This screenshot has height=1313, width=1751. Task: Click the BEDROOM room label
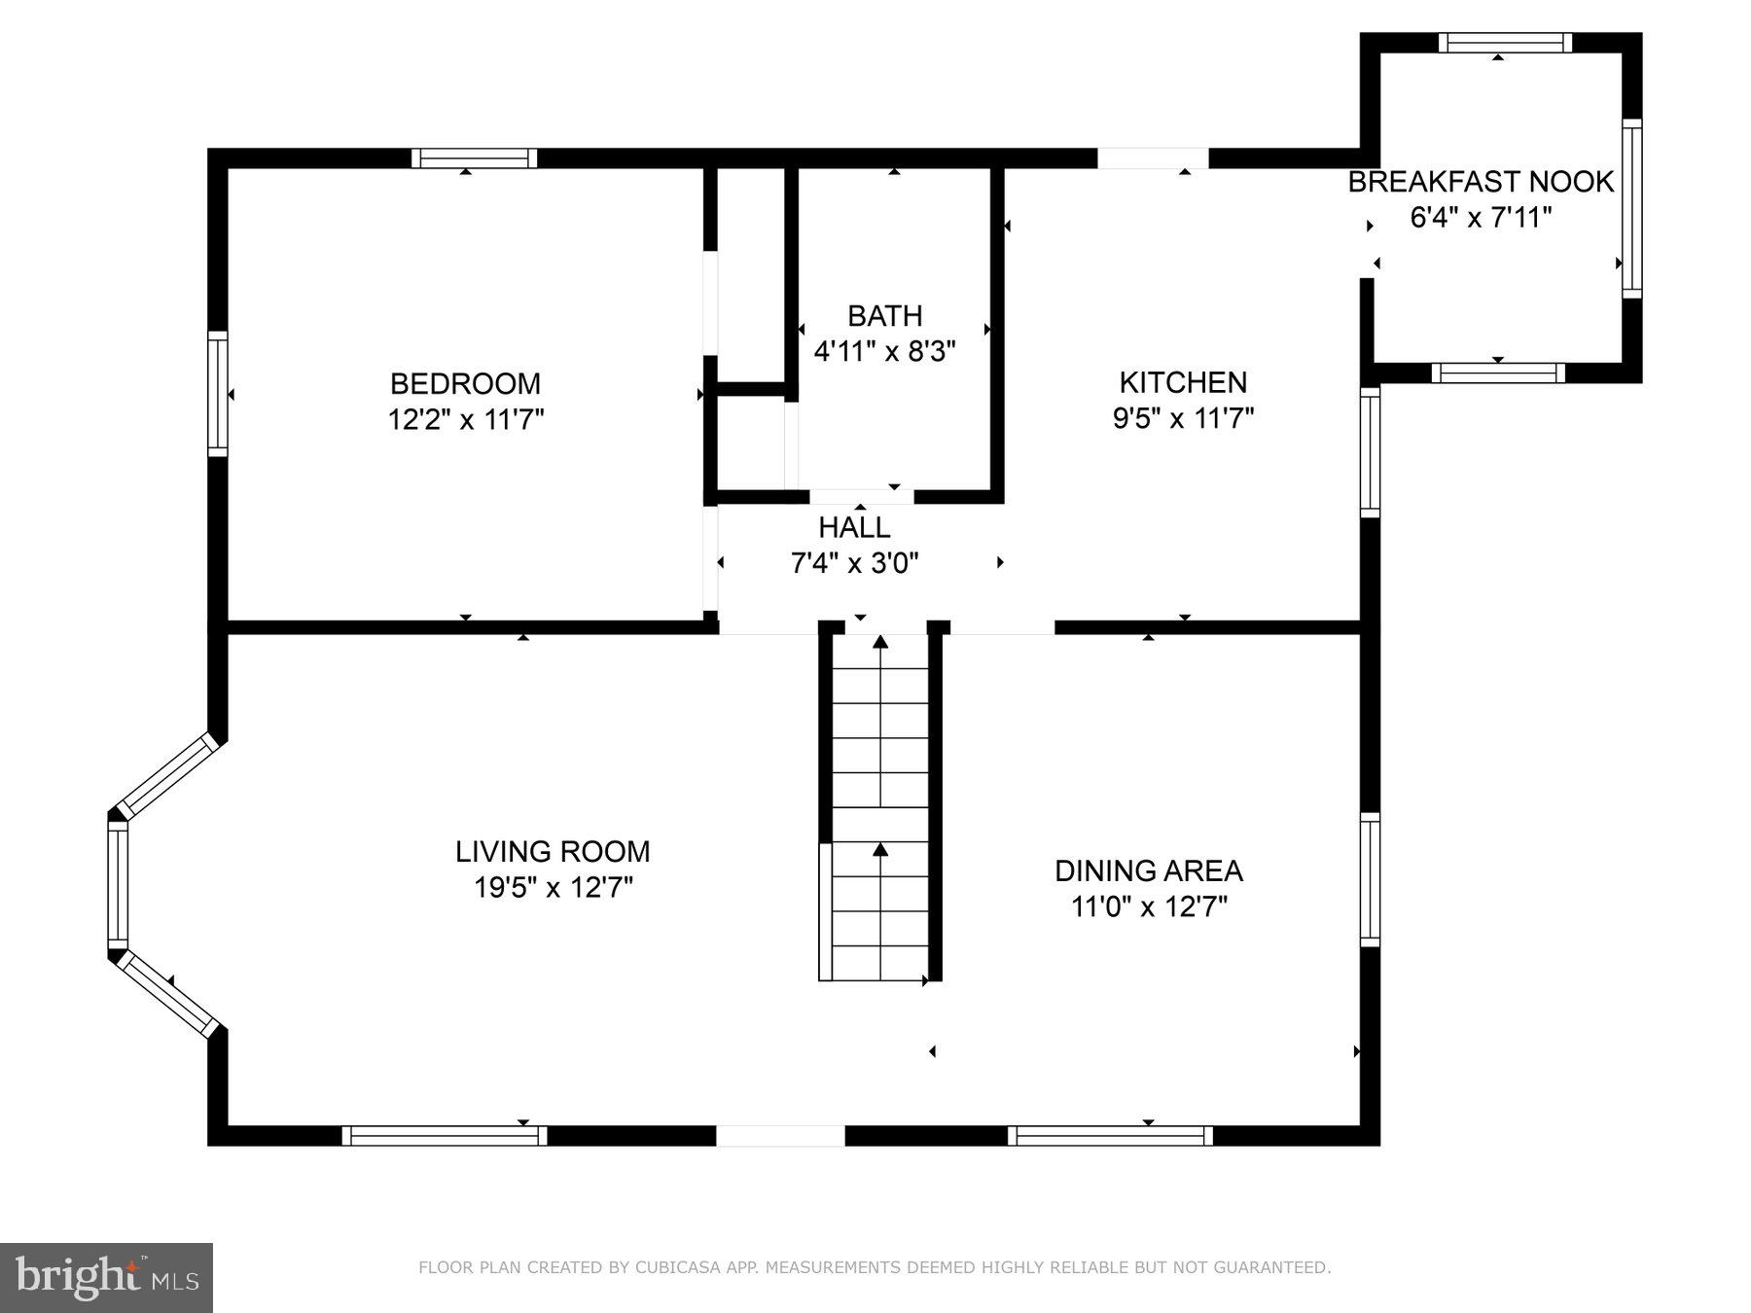tap(465, 382)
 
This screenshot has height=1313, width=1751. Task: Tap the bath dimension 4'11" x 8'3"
tap(884, 351)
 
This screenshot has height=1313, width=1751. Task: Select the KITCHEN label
tap(1182, 381)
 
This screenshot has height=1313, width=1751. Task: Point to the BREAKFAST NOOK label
tap(1480, 182)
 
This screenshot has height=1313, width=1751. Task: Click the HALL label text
tap(854, 527)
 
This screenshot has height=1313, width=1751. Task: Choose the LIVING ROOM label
tap(553, 851)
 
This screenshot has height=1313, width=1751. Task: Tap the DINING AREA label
tap(1148, 870)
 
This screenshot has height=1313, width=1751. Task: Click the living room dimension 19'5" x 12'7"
tap(553, 888)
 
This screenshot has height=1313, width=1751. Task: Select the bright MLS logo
tap(106, 1277)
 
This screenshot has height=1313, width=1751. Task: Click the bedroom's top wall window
tap(474, 159)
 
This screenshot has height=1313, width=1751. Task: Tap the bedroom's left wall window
tap(218, 393)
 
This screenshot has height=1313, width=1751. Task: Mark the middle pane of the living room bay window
tap(118, 884)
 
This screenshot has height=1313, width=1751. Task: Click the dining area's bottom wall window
tap(1110, 1135)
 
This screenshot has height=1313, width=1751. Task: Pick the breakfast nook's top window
tap(1505, 43)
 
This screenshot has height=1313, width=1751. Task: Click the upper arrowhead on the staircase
tap(880, 642)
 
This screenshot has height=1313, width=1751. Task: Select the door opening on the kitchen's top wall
tap(1153, 159)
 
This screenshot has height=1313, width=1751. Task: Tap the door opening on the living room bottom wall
tap(780, 1135)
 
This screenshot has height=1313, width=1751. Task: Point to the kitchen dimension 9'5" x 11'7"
tap(1182, 419)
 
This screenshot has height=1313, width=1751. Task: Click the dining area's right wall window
tap(1370, 879)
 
